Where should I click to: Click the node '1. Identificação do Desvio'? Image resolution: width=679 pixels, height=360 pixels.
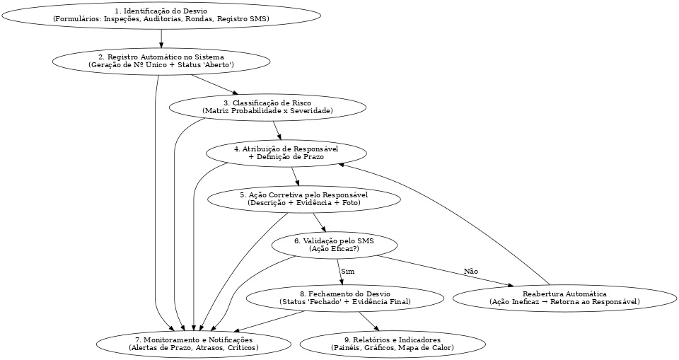161,15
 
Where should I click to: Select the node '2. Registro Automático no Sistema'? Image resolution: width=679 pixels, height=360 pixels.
161,60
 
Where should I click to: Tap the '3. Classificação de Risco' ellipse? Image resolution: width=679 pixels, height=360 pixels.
267,107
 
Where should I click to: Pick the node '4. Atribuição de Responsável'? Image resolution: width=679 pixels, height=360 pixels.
286,153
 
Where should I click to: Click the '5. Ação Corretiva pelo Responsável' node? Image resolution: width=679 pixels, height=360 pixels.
303,198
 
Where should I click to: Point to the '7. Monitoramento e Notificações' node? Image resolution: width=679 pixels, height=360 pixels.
194,344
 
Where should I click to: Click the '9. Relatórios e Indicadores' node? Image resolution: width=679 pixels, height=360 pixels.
393,344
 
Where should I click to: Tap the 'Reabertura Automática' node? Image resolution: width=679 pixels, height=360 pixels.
564,298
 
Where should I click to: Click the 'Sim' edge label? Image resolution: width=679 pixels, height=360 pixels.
347,272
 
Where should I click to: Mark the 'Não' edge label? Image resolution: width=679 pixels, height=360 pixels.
470,272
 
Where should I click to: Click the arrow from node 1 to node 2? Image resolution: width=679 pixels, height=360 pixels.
161,37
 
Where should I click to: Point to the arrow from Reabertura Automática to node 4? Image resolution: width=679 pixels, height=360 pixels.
453,212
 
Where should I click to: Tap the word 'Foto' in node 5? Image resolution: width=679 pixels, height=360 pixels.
349,203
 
